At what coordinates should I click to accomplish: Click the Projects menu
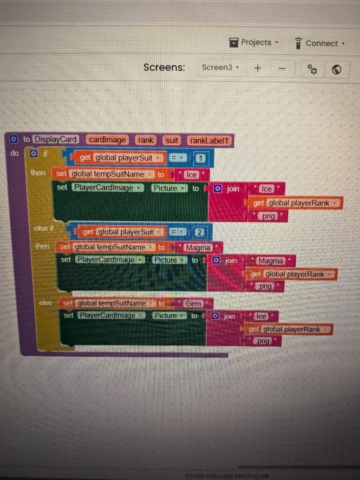point(254,43)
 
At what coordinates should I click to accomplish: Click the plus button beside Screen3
point(258,68)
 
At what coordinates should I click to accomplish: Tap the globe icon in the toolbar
point(336,70)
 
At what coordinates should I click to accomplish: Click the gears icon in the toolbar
point(312,69)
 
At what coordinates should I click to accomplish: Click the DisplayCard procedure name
point(56,139)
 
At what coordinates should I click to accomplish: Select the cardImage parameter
point(107,140)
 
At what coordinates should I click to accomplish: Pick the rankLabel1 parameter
point(210,140)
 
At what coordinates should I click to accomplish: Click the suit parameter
point(172,140)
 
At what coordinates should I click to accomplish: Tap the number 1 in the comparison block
point(201,158)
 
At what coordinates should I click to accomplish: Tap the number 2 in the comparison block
point(199,232)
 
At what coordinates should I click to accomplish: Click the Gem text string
point(193,304)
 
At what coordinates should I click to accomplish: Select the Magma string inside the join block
point(271,261)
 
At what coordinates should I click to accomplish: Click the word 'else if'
point(45,228)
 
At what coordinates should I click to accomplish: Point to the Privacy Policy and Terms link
point(227,475)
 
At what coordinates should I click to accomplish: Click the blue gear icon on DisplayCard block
point(13,139)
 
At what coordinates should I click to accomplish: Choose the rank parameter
point(146,140)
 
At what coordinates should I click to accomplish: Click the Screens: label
point(164,67)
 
